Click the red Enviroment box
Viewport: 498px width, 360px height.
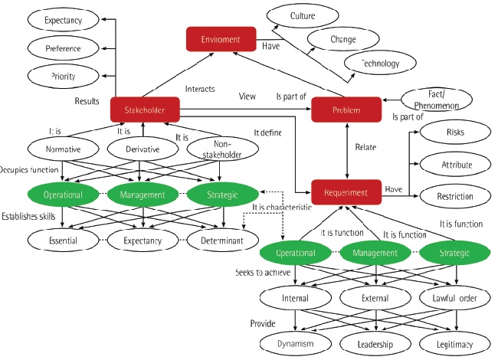click(x=221, y=39)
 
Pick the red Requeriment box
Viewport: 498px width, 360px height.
click(x=346, y=192)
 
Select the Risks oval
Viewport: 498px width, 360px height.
click(x=454, y=132)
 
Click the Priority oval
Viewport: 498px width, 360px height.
click(x=64, y=75)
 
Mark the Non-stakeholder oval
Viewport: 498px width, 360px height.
click(x=224, y=150)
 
